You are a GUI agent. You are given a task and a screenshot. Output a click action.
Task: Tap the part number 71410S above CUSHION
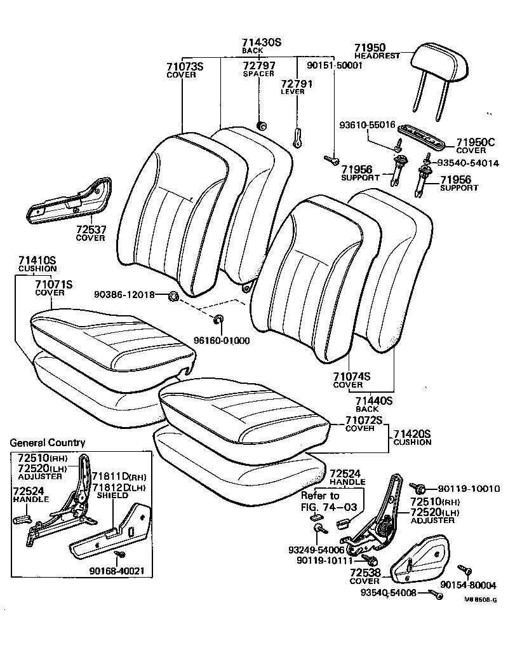[37, 261]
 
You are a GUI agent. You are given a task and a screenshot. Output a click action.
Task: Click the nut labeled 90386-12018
[173, 297]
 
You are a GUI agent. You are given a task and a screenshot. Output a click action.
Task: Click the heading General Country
[48, 443]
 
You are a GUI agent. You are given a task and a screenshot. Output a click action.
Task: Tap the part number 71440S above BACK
[374, 401]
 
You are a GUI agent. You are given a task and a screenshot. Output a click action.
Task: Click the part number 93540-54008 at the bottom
[389, 592]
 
